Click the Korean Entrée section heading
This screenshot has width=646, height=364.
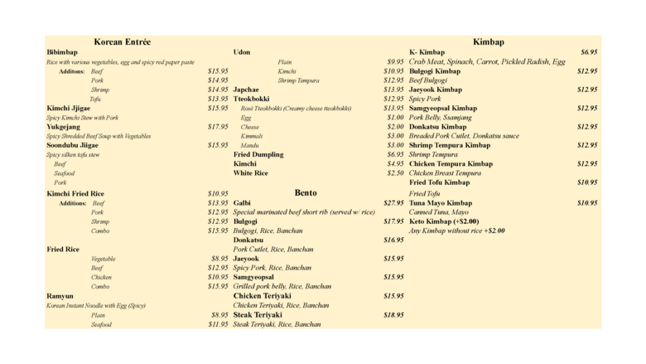(122, 41)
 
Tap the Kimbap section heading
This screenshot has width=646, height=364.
(489, 41)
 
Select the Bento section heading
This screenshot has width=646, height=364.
(306, 192)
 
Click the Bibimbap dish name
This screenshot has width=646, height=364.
(62, 52)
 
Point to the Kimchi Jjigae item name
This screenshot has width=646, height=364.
(69, 108)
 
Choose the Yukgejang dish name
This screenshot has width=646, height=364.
(64, 127)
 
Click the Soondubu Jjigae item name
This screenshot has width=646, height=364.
(72, 145)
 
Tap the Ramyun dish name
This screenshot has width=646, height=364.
(60, 295)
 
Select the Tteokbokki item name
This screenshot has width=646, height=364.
(253, 99)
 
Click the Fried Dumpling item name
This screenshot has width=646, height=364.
(258, 154)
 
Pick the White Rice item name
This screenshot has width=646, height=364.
(251, 173)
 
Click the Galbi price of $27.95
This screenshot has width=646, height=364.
(393, 202)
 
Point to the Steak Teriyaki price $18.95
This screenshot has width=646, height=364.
(393, 315)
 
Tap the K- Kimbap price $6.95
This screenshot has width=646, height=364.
(589, 52)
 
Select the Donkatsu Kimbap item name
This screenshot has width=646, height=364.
(438, 127)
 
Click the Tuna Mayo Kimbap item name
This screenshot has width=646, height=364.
(441, 202)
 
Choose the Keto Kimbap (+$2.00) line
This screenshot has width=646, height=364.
(444, 221)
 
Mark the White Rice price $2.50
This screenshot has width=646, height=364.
(395, 173)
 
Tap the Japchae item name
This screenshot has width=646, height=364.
(246, 89)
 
